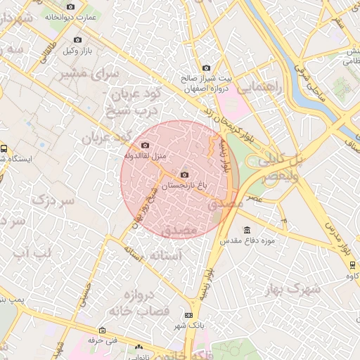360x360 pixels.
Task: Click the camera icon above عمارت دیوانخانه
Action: (x=70, y=6)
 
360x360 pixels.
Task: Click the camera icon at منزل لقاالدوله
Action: (x=146, y=145)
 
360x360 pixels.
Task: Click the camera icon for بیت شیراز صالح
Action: (x=206, y=67)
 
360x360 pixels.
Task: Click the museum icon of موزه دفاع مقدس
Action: (x=247, y=230)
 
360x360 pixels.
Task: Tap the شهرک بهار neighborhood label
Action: (x=294, y=288)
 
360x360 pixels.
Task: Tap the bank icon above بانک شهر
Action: (x=188, y=315)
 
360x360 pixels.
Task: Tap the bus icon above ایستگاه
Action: (x=4, y=148)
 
